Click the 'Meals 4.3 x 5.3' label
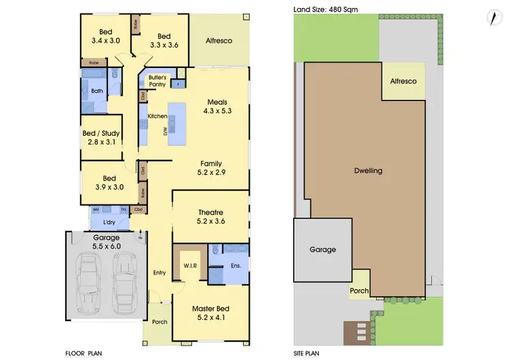click(221, 107)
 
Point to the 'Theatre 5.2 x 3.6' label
click(210, 217)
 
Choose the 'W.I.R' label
click(189, 265)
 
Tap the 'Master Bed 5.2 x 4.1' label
click(210, 312)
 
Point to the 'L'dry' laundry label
click(109, 222)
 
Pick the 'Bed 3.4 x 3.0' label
click(106, 36)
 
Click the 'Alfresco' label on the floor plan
click(219, 41)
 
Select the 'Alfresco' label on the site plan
click(403, 81)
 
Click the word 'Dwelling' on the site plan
click(369, 171)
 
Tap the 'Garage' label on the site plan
click(323, 249)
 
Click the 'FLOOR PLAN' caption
click(83, 354)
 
